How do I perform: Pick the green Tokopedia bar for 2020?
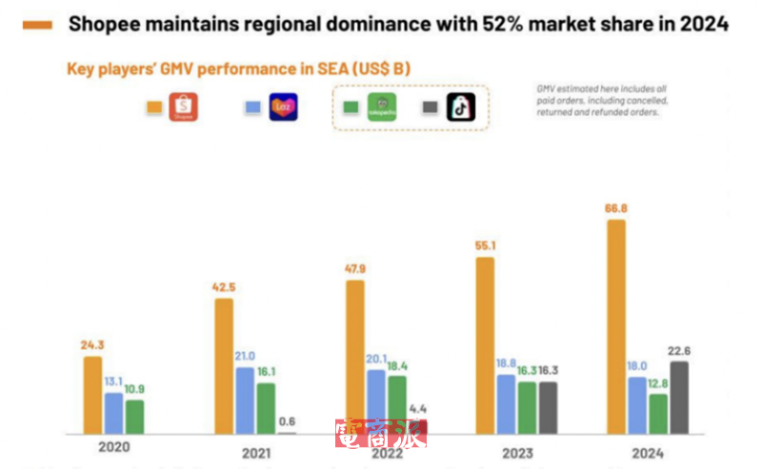click(135, 416)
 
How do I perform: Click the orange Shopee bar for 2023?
click(486, 344)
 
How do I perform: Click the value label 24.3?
click(91, 344)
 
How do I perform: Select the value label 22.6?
click(679, 350)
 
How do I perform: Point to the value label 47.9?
click(355, 268)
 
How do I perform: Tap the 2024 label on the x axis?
click(647, 453)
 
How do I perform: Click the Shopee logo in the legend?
click(184, 107)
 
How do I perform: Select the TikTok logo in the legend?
click(461, 107)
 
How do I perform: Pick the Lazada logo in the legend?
click(283, 107)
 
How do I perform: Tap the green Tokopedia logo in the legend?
click(381, 107)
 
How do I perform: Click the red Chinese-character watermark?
click(380, 434)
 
